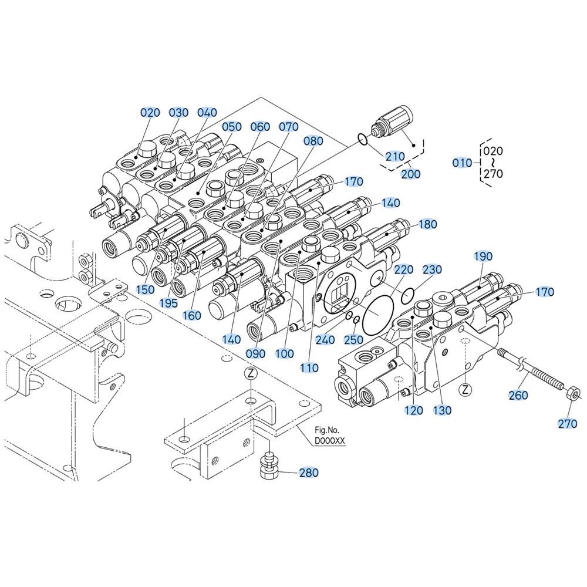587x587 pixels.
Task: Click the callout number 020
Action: pyautogui.click(x=150, y=112)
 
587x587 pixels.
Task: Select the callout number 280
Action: pyautogui.click(x=309, y=473)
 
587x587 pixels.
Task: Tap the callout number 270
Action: pyautogui.click(x=568, y=424)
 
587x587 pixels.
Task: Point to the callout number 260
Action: pyautogui.click(x=518, y=395)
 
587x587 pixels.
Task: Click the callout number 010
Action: pyautogui.click(x=463, y=163)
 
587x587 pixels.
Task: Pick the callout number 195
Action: pyautogui.click(x=168, y=303)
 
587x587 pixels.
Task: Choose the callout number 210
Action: pyautogui.click(x=395, y=156)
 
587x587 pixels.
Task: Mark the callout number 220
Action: pyautogui.click(x=404, y=269)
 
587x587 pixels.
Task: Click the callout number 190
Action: pyautogui.click(x=483, y=257)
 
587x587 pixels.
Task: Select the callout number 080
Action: pyautogui.click(x=313, y=141)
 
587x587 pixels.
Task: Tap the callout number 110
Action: pyautogui.click(x=309, y=367)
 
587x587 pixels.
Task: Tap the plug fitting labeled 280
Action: pyautogui.click(x=269, y=467)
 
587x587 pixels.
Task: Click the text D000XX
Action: pyautogui.click(x=329, y=441)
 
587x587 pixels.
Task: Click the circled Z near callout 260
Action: pyautogui.click(x=464, y=390)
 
